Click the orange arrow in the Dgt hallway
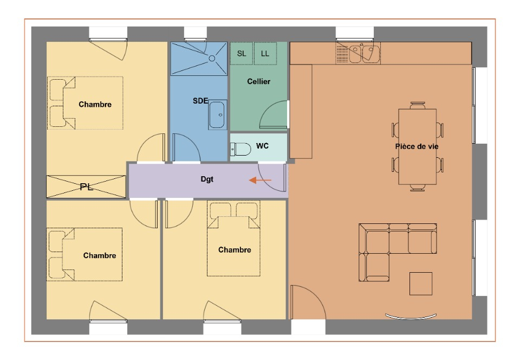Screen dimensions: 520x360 coord(260,180)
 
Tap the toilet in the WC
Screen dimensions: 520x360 coord(240,149)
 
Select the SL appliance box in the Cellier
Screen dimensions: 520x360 coord(242,54)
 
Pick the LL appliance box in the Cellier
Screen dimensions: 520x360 coord(265,54)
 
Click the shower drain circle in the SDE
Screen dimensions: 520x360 coord(212,59)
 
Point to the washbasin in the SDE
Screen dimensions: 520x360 coord(217,115)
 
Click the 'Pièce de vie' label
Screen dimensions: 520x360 coord(417,146)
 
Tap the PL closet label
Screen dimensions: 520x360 coord(87,187)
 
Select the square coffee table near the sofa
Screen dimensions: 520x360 coord(420,284)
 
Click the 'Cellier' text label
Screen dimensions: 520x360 coord(259,81)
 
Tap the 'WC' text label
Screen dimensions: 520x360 coord(262,146)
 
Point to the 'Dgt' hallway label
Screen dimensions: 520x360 coord(207,179)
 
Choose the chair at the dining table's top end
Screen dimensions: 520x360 coord(418,105)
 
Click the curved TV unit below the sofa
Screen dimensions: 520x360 coord(411,317)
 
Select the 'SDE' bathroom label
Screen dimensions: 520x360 coord(200,100)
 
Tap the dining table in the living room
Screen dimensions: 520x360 coord(417,146)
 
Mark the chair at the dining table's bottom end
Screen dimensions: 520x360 coord(418,188)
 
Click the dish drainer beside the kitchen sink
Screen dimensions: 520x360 coord(342,53)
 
